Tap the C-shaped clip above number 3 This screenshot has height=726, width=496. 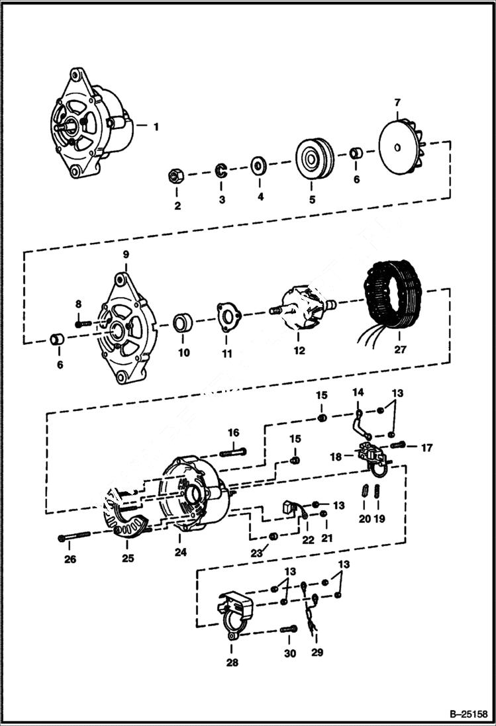(220, 171)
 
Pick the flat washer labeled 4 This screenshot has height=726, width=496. (257, 163)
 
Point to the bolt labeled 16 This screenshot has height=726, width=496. (231, 452)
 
